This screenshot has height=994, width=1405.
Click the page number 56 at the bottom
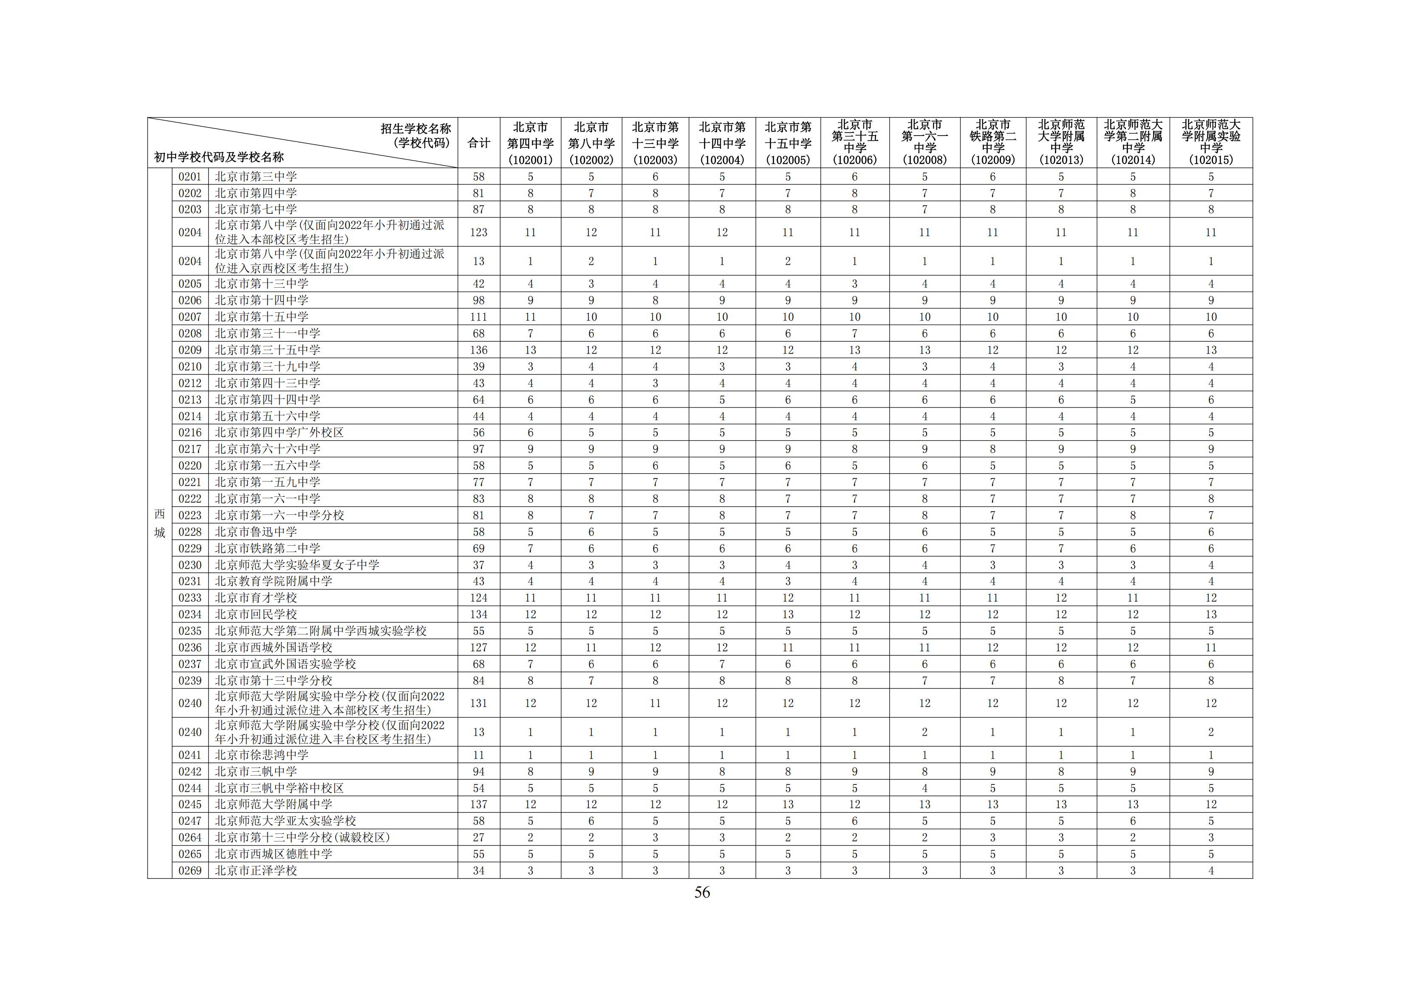[702, 892]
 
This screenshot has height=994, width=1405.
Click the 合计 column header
[478, 143]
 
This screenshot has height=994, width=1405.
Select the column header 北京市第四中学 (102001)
[530, 143]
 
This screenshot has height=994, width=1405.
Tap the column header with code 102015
[1210, 143]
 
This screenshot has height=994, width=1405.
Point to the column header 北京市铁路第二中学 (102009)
[992, 143]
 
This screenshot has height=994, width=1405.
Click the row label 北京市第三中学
[256, 176]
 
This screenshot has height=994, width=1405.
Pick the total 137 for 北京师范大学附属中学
[478, 804]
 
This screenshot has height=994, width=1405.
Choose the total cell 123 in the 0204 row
[478, 232]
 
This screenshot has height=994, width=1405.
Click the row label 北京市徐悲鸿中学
[261, 755]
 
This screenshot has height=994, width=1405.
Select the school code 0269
[190, 870]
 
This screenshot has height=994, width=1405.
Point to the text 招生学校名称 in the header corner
[416, 128]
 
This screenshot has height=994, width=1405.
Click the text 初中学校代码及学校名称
[218, 157]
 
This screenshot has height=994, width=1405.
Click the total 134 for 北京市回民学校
[478, 614]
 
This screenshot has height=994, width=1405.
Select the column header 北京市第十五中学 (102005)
[788, 143]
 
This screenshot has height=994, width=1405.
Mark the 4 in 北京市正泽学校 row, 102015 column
[1210, 870]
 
